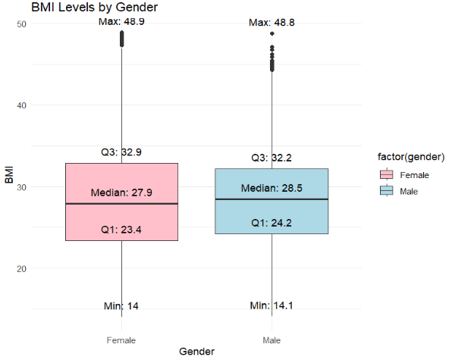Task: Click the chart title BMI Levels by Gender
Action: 95,8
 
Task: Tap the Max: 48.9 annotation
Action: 121,22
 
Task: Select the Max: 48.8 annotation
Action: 272,23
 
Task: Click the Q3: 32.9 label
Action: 121,152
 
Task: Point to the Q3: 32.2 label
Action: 272,158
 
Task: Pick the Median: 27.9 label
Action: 121,193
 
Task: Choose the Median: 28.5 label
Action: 272,188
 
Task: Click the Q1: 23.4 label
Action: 121,229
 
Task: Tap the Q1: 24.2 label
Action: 272,223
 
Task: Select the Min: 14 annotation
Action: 121,306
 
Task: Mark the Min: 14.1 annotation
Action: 272,305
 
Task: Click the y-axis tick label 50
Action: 22,24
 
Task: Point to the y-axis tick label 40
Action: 22,105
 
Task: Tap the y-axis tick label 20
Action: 22,268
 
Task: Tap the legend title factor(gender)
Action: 410,157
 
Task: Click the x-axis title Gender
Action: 196,352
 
